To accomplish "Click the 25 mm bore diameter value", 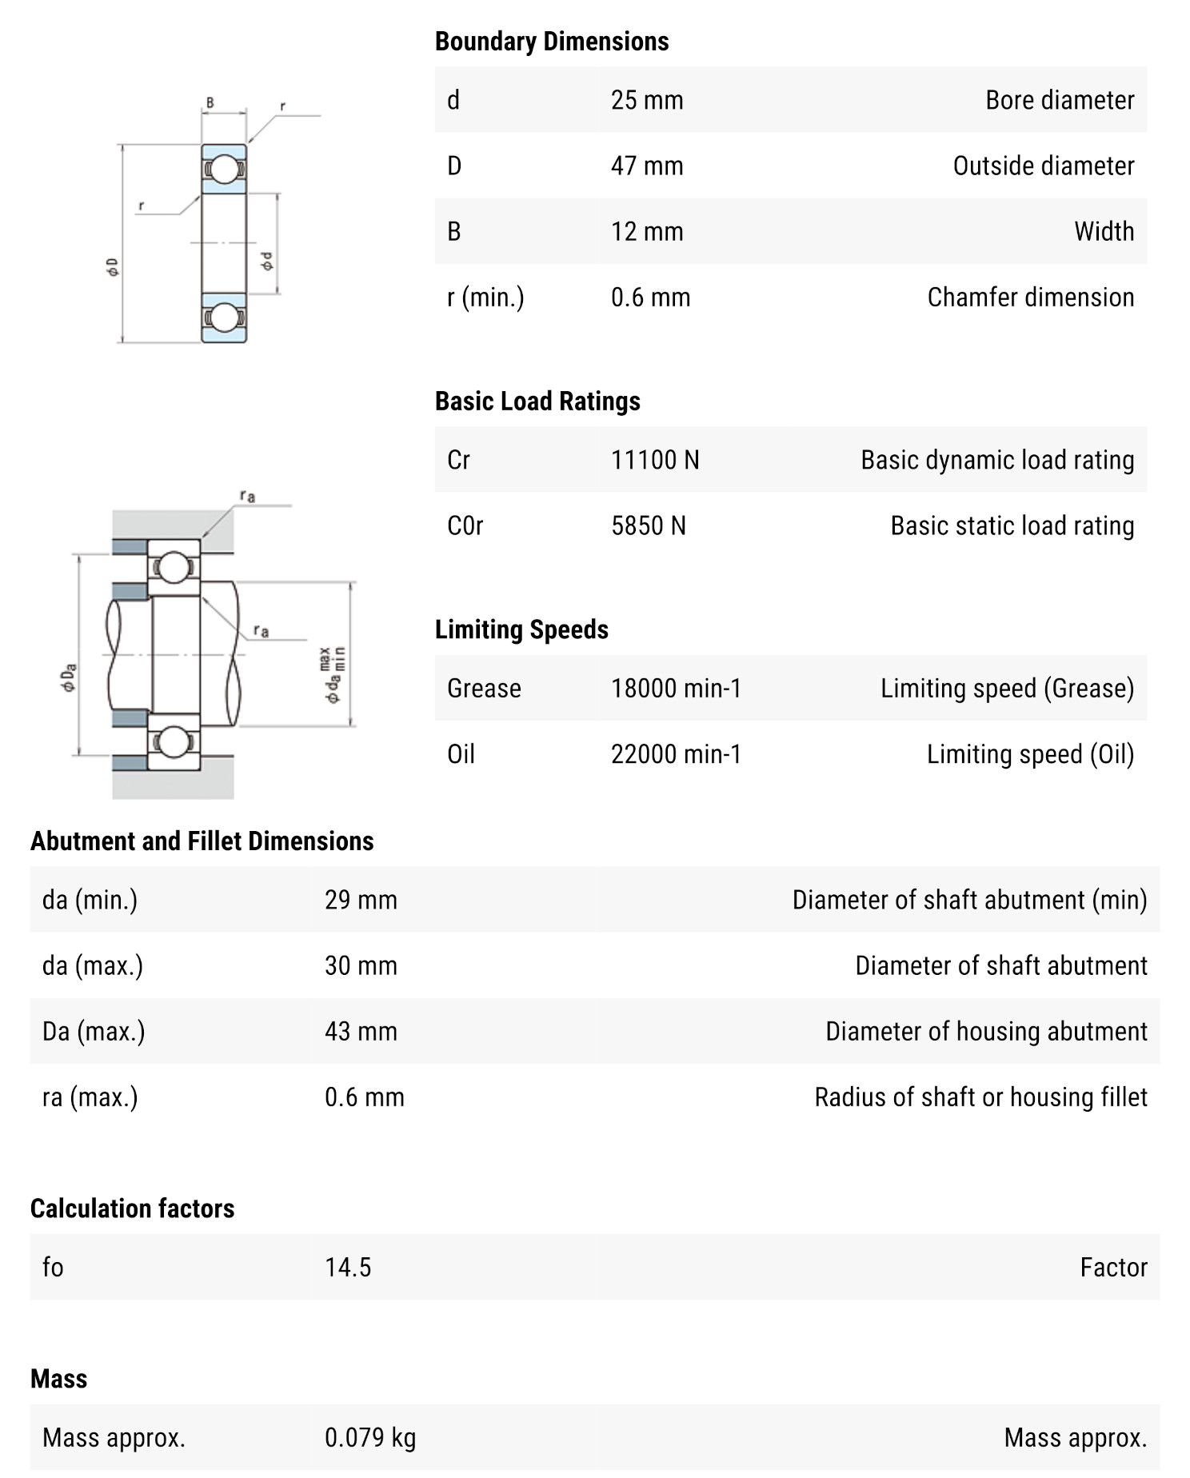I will [646, 100].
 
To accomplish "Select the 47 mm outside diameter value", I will [646, 166].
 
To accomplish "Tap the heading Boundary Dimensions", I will [551, 42].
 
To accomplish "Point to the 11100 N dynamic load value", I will [654, 460].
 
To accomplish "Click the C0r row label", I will [465, 525].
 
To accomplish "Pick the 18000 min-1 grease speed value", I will [676, 688].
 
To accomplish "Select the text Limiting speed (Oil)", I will [1029, 754].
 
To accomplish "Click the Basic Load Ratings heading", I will [537, 401].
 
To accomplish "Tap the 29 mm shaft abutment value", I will [360, 900].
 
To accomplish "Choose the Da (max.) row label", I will [94, 1031].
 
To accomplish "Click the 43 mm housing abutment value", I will [360, 1031].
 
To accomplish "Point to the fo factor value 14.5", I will [347, 1267].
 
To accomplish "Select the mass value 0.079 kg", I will [369, 1437].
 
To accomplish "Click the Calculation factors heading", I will [132, 1208].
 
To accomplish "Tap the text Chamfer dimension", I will [1030, 297].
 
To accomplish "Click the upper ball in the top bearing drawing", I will [224, 169].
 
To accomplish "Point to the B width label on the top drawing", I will [210, 102].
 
